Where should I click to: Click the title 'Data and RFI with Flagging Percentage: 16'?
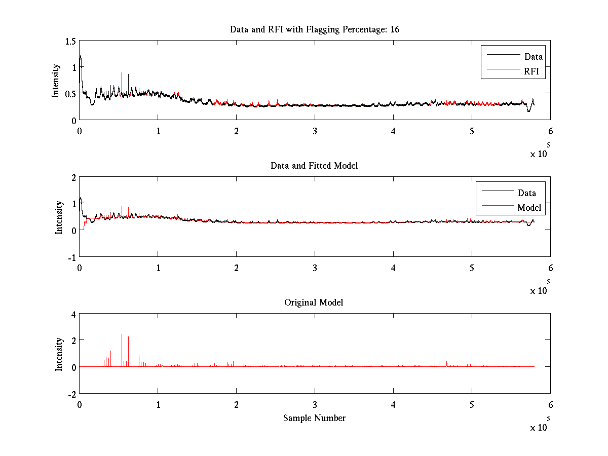click(x=315, y=29)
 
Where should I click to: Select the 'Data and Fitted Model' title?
click(x=314, y=166)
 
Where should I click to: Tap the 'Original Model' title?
click(x=314, y=302)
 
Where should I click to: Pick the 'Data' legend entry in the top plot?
click(x=533, y=57)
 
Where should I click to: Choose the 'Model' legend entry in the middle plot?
click(x=529, y=208)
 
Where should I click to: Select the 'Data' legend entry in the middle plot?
click(x=526, y=193)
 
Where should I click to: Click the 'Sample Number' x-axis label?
click(x=314, y=418)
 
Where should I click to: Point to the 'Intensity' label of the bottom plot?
click(x=59, y=354)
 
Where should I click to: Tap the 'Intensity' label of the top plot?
click(x=55, y=81)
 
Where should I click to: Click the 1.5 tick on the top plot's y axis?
click(x=70, y=41)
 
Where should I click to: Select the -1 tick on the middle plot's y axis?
click(x=71, y=256)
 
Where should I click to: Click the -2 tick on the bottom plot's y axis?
click(x=71, y=394)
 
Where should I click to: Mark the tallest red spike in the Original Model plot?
click(x=122, y=335)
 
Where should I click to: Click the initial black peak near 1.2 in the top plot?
click(x=80, y=56)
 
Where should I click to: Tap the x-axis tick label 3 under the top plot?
click(x=315, y=130)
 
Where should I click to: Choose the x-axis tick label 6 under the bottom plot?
click(x=550, y=404)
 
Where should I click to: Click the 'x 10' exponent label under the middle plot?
click(x=539, y=291)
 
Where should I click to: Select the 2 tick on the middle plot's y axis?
click(x=73, y=177)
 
